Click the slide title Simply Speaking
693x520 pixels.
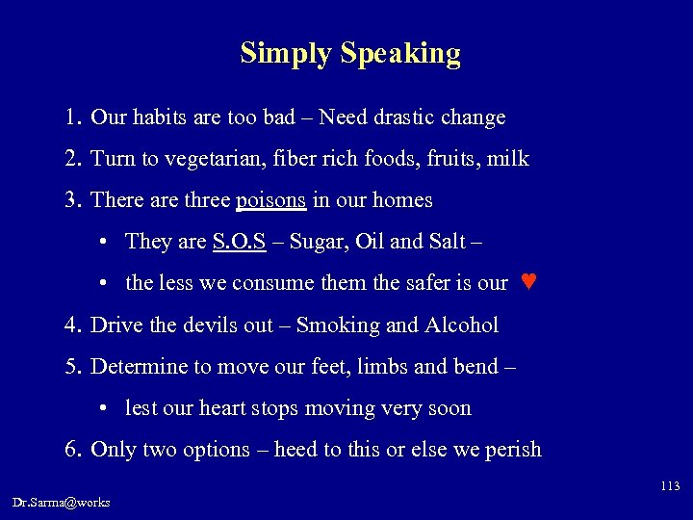coord(350,53)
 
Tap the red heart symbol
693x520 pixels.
coord(526,282)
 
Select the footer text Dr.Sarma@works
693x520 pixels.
coord(62,502)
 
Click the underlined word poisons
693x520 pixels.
coord(271,200)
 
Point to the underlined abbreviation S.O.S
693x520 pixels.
coord(238,241)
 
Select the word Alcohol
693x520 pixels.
coord(461,325)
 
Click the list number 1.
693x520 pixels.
coord(72,118)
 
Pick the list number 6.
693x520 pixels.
coord(72,450)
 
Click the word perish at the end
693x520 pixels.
coord(513,450)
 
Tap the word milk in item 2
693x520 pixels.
coord(509,159)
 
